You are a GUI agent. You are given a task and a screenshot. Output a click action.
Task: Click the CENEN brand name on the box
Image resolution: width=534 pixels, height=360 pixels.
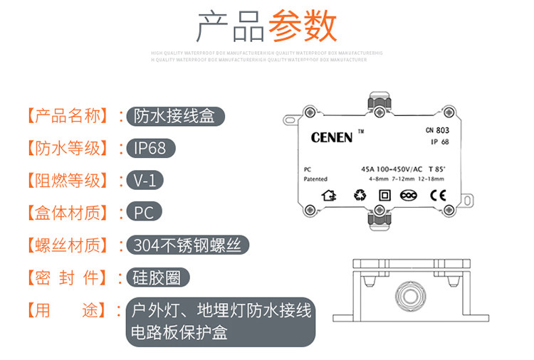pos(332,137)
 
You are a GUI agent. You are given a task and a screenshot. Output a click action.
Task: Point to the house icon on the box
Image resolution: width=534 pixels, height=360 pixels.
pos(329,195)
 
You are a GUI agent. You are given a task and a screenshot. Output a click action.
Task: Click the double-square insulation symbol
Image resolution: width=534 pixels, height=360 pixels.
pos(383,195)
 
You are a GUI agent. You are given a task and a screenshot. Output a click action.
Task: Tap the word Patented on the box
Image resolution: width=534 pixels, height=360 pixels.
pos(315,179)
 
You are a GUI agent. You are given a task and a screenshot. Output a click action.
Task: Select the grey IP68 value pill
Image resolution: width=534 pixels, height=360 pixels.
pos(150,148)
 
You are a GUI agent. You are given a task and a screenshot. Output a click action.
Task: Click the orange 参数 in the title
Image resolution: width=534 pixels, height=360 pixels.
pos(301,26)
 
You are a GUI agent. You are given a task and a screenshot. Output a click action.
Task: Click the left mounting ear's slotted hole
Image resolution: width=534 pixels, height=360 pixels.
pos(288,120)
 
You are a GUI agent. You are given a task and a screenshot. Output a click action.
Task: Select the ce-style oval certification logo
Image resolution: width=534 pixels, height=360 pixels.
pos(409,195)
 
